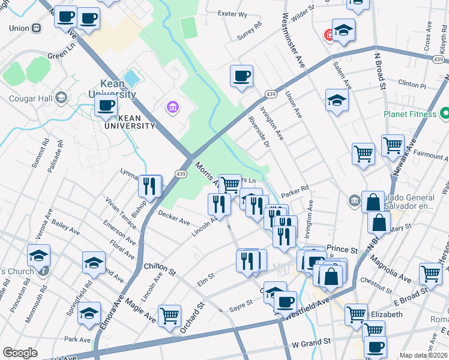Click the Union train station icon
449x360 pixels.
click(37, 28)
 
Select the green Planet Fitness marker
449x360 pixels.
click(445, 112)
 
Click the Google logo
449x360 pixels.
click(20, 353)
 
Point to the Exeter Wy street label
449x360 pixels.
click(233, 14)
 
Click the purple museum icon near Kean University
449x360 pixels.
click(172, 107)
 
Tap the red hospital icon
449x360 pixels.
click(329, 35)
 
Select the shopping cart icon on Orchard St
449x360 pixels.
click(170, 315)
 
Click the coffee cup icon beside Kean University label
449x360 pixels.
click(106, 106)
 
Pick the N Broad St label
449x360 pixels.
click(379, 71)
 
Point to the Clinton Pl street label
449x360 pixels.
click(411, 86)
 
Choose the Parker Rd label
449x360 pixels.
click(296, 188)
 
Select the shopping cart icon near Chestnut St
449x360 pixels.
click(430, 273)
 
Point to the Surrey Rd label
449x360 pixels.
click(250, 31)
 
